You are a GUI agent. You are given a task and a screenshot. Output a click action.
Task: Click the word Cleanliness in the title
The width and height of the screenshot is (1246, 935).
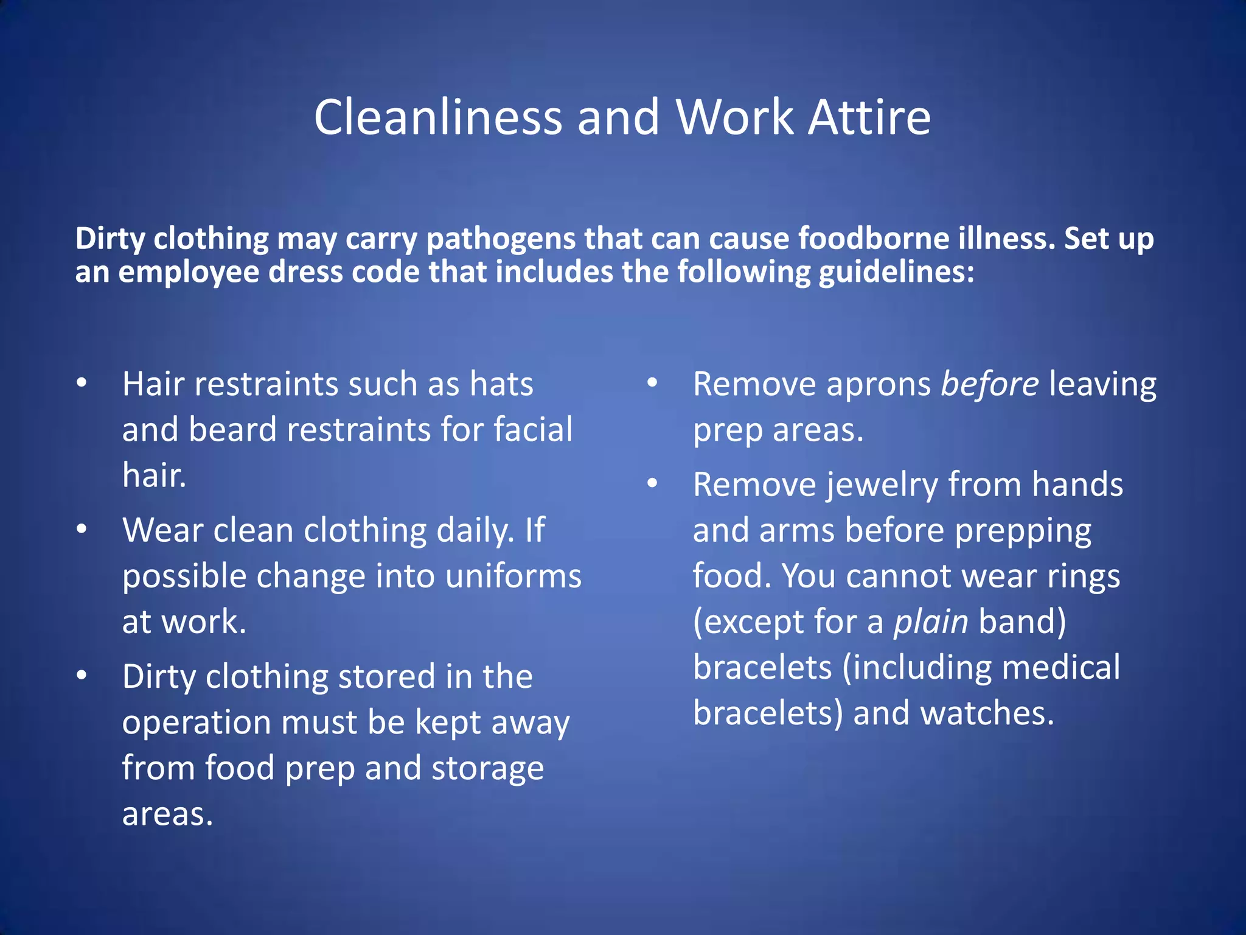click(x=438, y=117)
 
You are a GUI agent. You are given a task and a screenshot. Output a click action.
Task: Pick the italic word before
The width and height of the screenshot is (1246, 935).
click(x=990, y=385)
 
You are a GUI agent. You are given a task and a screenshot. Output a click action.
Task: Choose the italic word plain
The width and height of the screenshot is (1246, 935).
click(x=930, y=622)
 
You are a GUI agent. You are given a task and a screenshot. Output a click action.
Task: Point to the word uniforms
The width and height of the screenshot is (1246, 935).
click(x=513, y=576)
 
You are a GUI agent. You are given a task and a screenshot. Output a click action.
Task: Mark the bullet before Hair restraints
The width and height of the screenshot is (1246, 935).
click(x=82, y=383)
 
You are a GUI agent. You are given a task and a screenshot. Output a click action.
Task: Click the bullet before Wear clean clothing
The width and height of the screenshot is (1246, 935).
click(x=82, y=530)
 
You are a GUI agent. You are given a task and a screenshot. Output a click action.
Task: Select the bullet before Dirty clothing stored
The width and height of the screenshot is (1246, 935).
click(x=82, y=676)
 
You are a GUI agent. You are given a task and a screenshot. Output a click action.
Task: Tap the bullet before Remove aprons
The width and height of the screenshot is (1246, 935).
click(x=652, y=383)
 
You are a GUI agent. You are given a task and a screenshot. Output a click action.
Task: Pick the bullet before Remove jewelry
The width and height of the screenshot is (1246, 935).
click(x=652, y=484)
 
